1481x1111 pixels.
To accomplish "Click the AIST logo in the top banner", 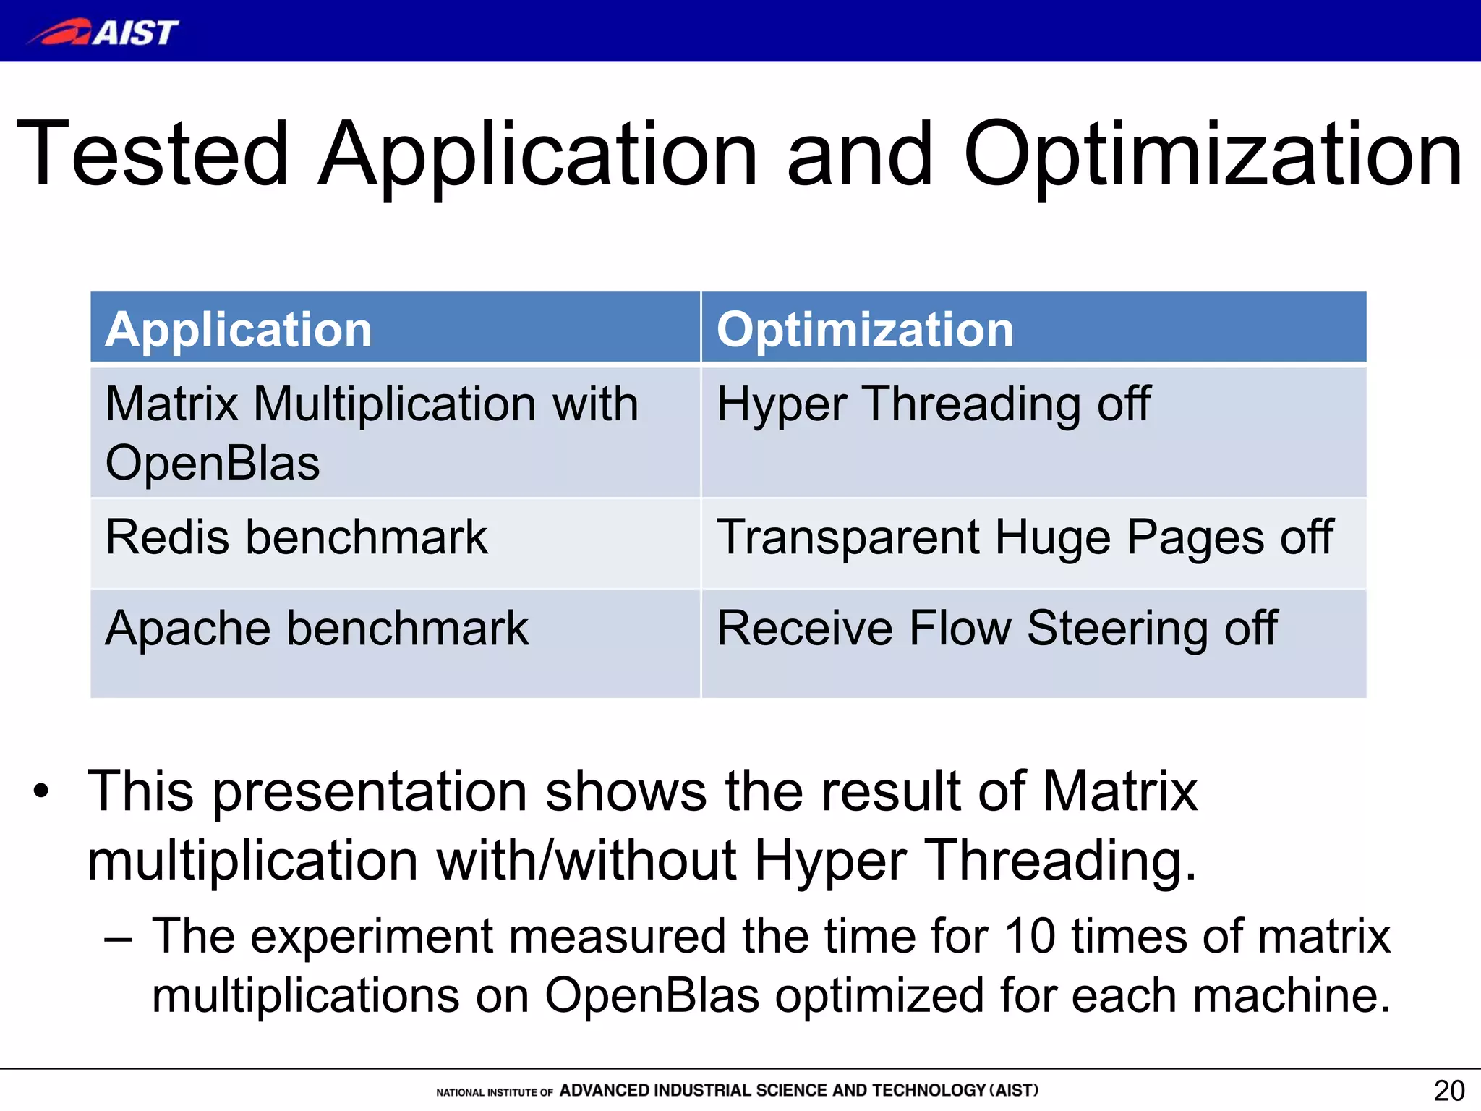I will pos(103,33).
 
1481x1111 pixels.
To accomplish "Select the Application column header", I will pos(239,330).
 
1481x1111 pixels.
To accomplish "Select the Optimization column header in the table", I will pos(865,330).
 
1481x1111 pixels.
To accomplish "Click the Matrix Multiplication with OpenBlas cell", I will pos(372,433).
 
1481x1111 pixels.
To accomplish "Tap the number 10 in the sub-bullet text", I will pos(1030,936).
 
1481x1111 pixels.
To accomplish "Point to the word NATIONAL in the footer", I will pos(460,1092).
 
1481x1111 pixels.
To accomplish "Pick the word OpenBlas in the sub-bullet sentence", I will pos(652,995).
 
